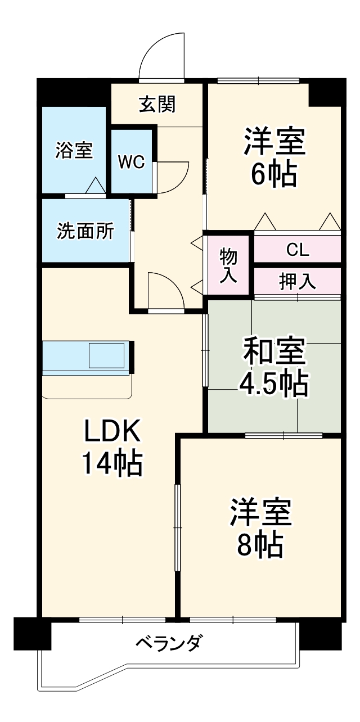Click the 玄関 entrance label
pyautogui.click(x=157, y=104)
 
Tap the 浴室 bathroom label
pyautogui.click(x=74, y=150)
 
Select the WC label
pyautogui.click(x=132, y=162)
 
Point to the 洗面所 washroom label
pyautogui.click(x=85, y=231)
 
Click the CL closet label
pyautogui.click(x=298, y=250)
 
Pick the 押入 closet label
pyautogui.click(x=298, y=281)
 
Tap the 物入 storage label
pyautogui.click(x=228, y=265)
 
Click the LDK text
pyautogui.click(x=112, y=432)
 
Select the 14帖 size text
pyautogui.click(x=112, y=464)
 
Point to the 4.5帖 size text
pyautogui.click(x=274, y=384)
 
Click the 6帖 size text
pyautogui.click(x=274, y=175)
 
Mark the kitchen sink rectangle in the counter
pyautogui.click(x=108, y=357)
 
